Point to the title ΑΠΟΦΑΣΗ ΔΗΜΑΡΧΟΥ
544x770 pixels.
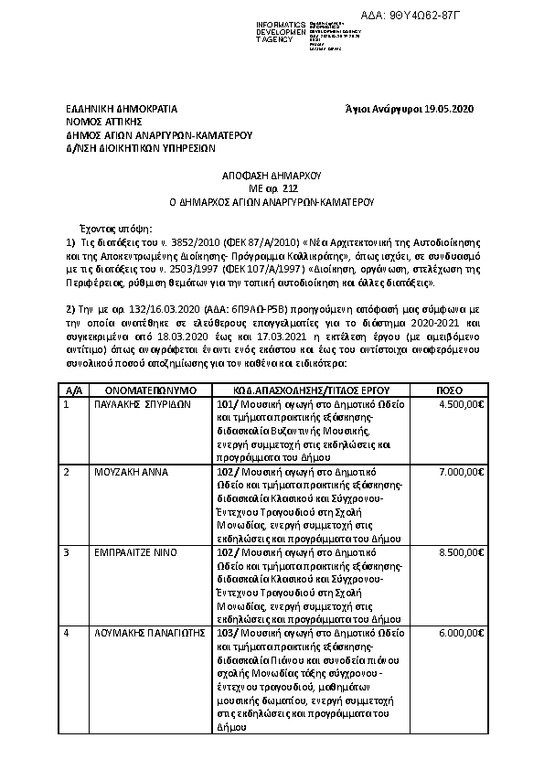272,173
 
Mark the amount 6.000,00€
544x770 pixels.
461,632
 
